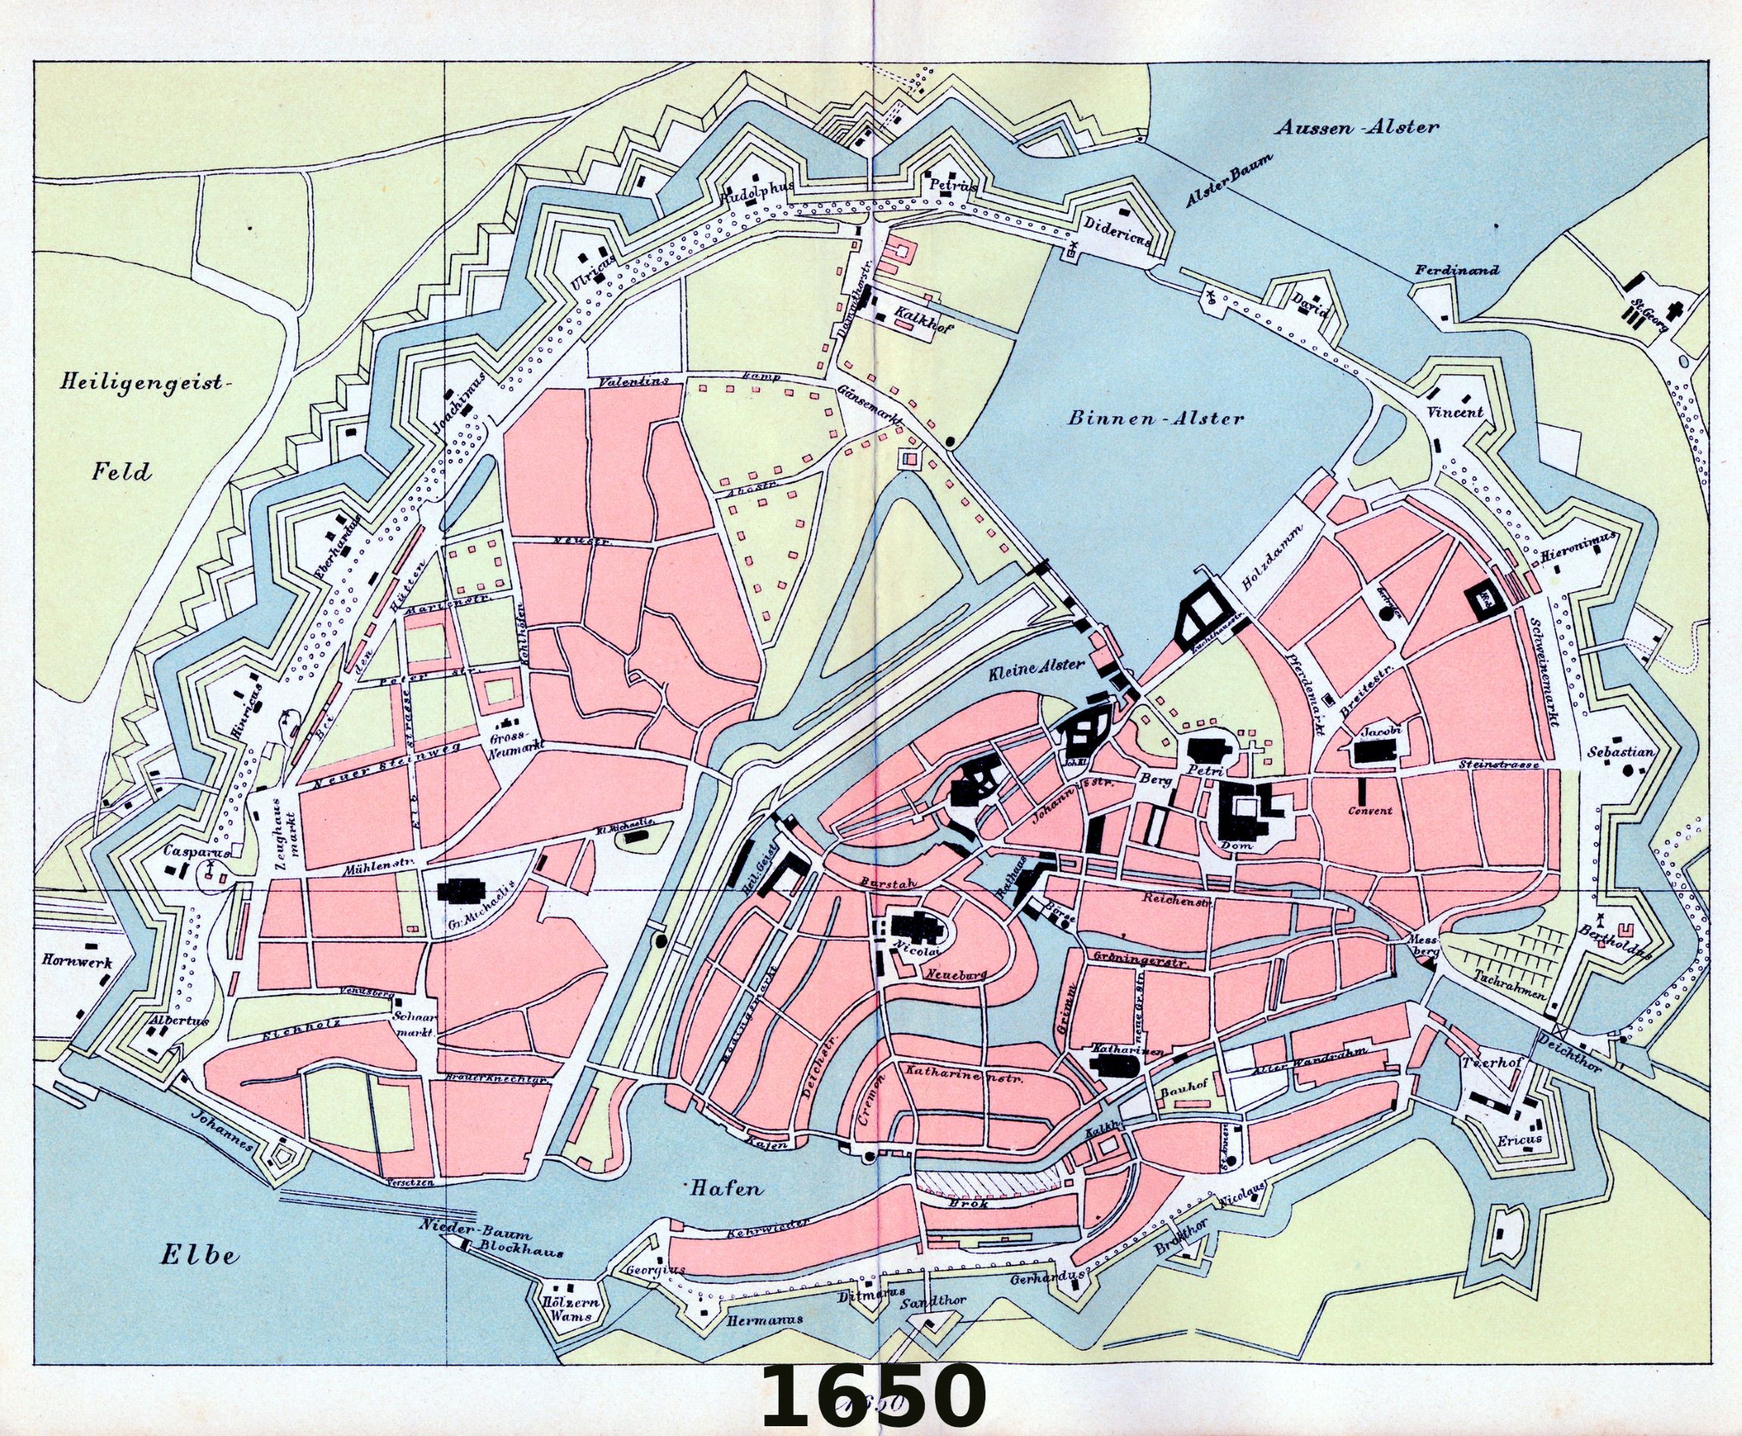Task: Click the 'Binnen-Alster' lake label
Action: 1155,419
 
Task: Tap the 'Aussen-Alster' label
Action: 1357,128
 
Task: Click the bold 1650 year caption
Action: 873,1393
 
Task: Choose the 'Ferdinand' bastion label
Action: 1456,270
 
